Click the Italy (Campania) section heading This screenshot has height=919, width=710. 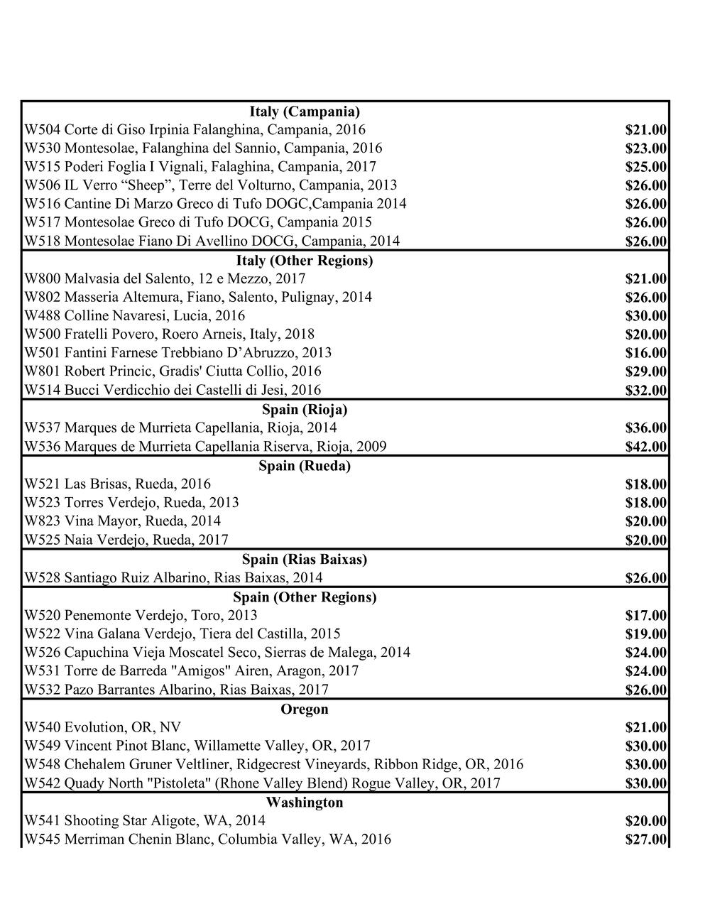[305, 112]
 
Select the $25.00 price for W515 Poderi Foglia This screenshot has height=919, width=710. [645, 167]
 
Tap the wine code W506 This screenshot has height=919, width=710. [42, 185]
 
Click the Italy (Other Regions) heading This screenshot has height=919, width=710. [305, 261]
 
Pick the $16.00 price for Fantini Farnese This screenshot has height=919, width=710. [645, 353]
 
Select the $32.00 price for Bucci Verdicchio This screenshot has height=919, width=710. [645, 390]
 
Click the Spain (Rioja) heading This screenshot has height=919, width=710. [305, 410]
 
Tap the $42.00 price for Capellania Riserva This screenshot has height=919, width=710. [645, 447]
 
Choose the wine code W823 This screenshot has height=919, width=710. [42, 521]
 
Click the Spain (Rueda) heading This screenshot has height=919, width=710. [305, 467]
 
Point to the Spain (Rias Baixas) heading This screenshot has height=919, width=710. [305, 560]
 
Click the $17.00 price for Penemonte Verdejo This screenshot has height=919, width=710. [645, 616]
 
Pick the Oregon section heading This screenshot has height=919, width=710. [305, 709]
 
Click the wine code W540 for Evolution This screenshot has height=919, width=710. [42, 727]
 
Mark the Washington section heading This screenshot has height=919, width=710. [305, 803]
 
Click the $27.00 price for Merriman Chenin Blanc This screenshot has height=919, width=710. [645, 839]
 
